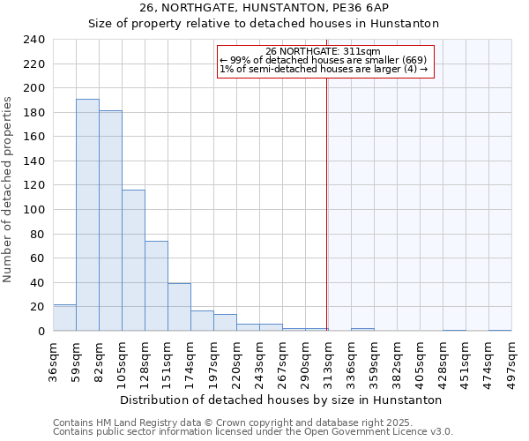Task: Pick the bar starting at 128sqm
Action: click(x=156, y=286)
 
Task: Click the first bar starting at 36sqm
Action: click(x=64, y=318)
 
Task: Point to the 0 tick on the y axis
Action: click(x=41, y=331)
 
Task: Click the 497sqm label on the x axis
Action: click(x=511, y=360)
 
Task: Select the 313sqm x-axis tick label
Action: click(x=328, y=360)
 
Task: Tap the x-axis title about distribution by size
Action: click(x=280, y=400)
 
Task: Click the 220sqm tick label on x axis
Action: click(x=236, y=360)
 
